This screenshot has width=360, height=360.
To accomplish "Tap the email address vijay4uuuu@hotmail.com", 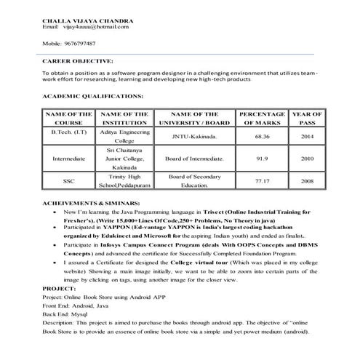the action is click(x=96, y=27).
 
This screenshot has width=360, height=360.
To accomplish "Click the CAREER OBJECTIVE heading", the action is click(x=77, y=62).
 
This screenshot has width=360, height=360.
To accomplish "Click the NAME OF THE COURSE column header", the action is click(x=68, y=119).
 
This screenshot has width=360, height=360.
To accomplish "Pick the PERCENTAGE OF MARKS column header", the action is click(x=261, y=119).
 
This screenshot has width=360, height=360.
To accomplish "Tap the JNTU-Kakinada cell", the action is click(x=193, y=136).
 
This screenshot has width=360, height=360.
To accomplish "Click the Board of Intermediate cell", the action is click(x=193, y=158).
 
